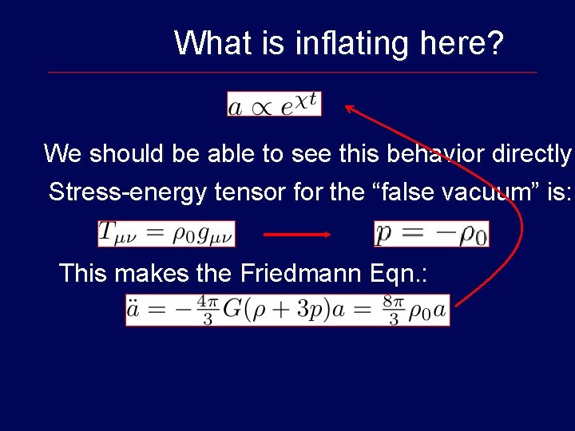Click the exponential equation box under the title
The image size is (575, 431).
pos(274,104)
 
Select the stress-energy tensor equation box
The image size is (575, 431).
pos(166,234)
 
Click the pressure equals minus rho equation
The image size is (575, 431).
pos(431,234)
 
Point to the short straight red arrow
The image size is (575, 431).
pos(296,234)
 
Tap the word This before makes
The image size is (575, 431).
pos(83,274)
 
